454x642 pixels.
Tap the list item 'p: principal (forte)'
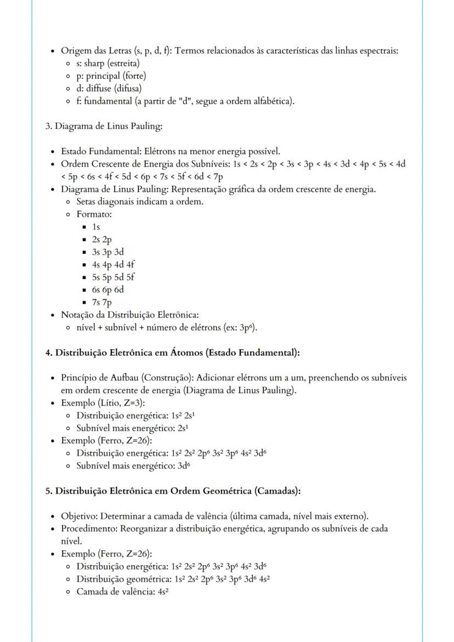pyautogui.click(x=111, y=76)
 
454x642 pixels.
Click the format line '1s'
pyautogui.click(x=96, y=226)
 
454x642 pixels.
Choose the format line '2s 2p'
pyautogui.click(x=102, y=239)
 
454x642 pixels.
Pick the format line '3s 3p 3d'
pyautogui.click(x=108, y=252)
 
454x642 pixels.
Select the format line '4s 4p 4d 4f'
pyautogui.click(x=113, y=264)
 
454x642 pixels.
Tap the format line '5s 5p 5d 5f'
pyautogui.click(x=113, y=277)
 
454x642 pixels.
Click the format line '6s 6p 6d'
pyautogui.click(x=108, y=289)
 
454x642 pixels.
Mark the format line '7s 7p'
pyautogui.click(x=102, y=302)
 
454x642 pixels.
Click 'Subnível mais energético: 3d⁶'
pyautogui.click(x=134, y=466)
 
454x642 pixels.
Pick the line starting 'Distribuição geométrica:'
pyautogui.click(x=173, y=579)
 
